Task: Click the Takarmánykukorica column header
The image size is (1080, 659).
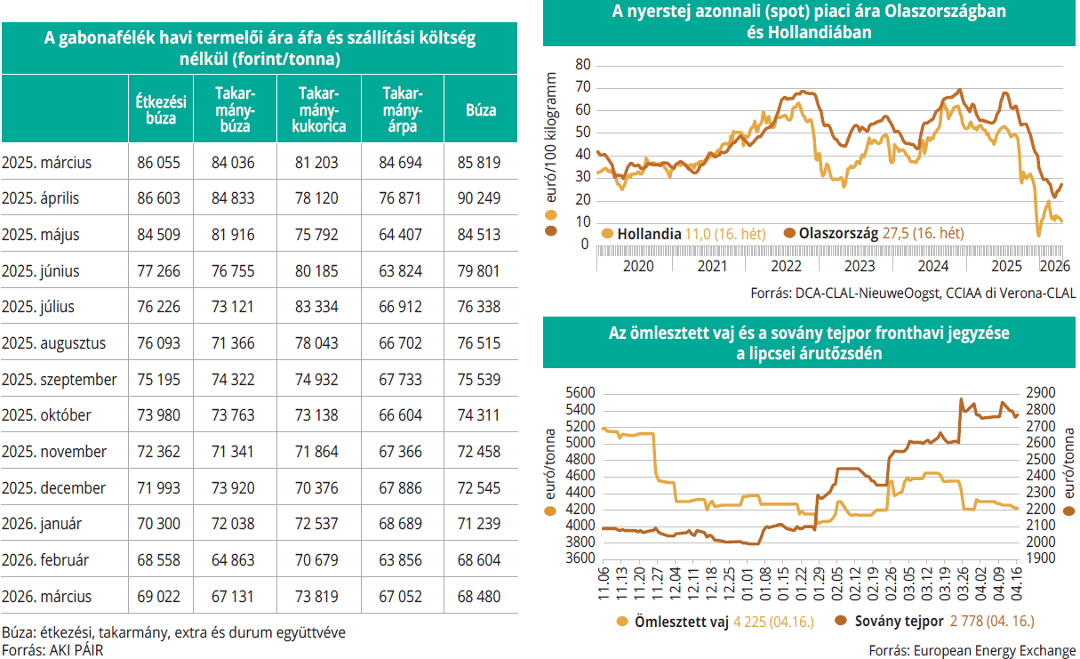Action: [x=319, y=110]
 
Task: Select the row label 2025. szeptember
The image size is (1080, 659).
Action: [x=60, y=379]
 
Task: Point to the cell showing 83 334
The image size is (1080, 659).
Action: [x=319, y=306]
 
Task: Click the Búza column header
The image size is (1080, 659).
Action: [x=481, y=110]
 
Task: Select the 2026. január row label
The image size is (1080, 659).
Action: [x=42, y=524]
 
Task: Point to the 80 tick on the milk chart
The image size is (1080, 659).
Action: [x=583, y=65]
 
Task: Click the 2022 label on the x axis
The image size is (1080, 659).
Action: [x=786, y=265]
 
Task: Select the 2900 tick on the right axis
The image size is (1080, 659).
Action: [x=1042, y=393]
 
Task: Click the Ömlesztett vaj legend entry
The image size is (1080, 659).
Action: [x=682, y=622]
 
